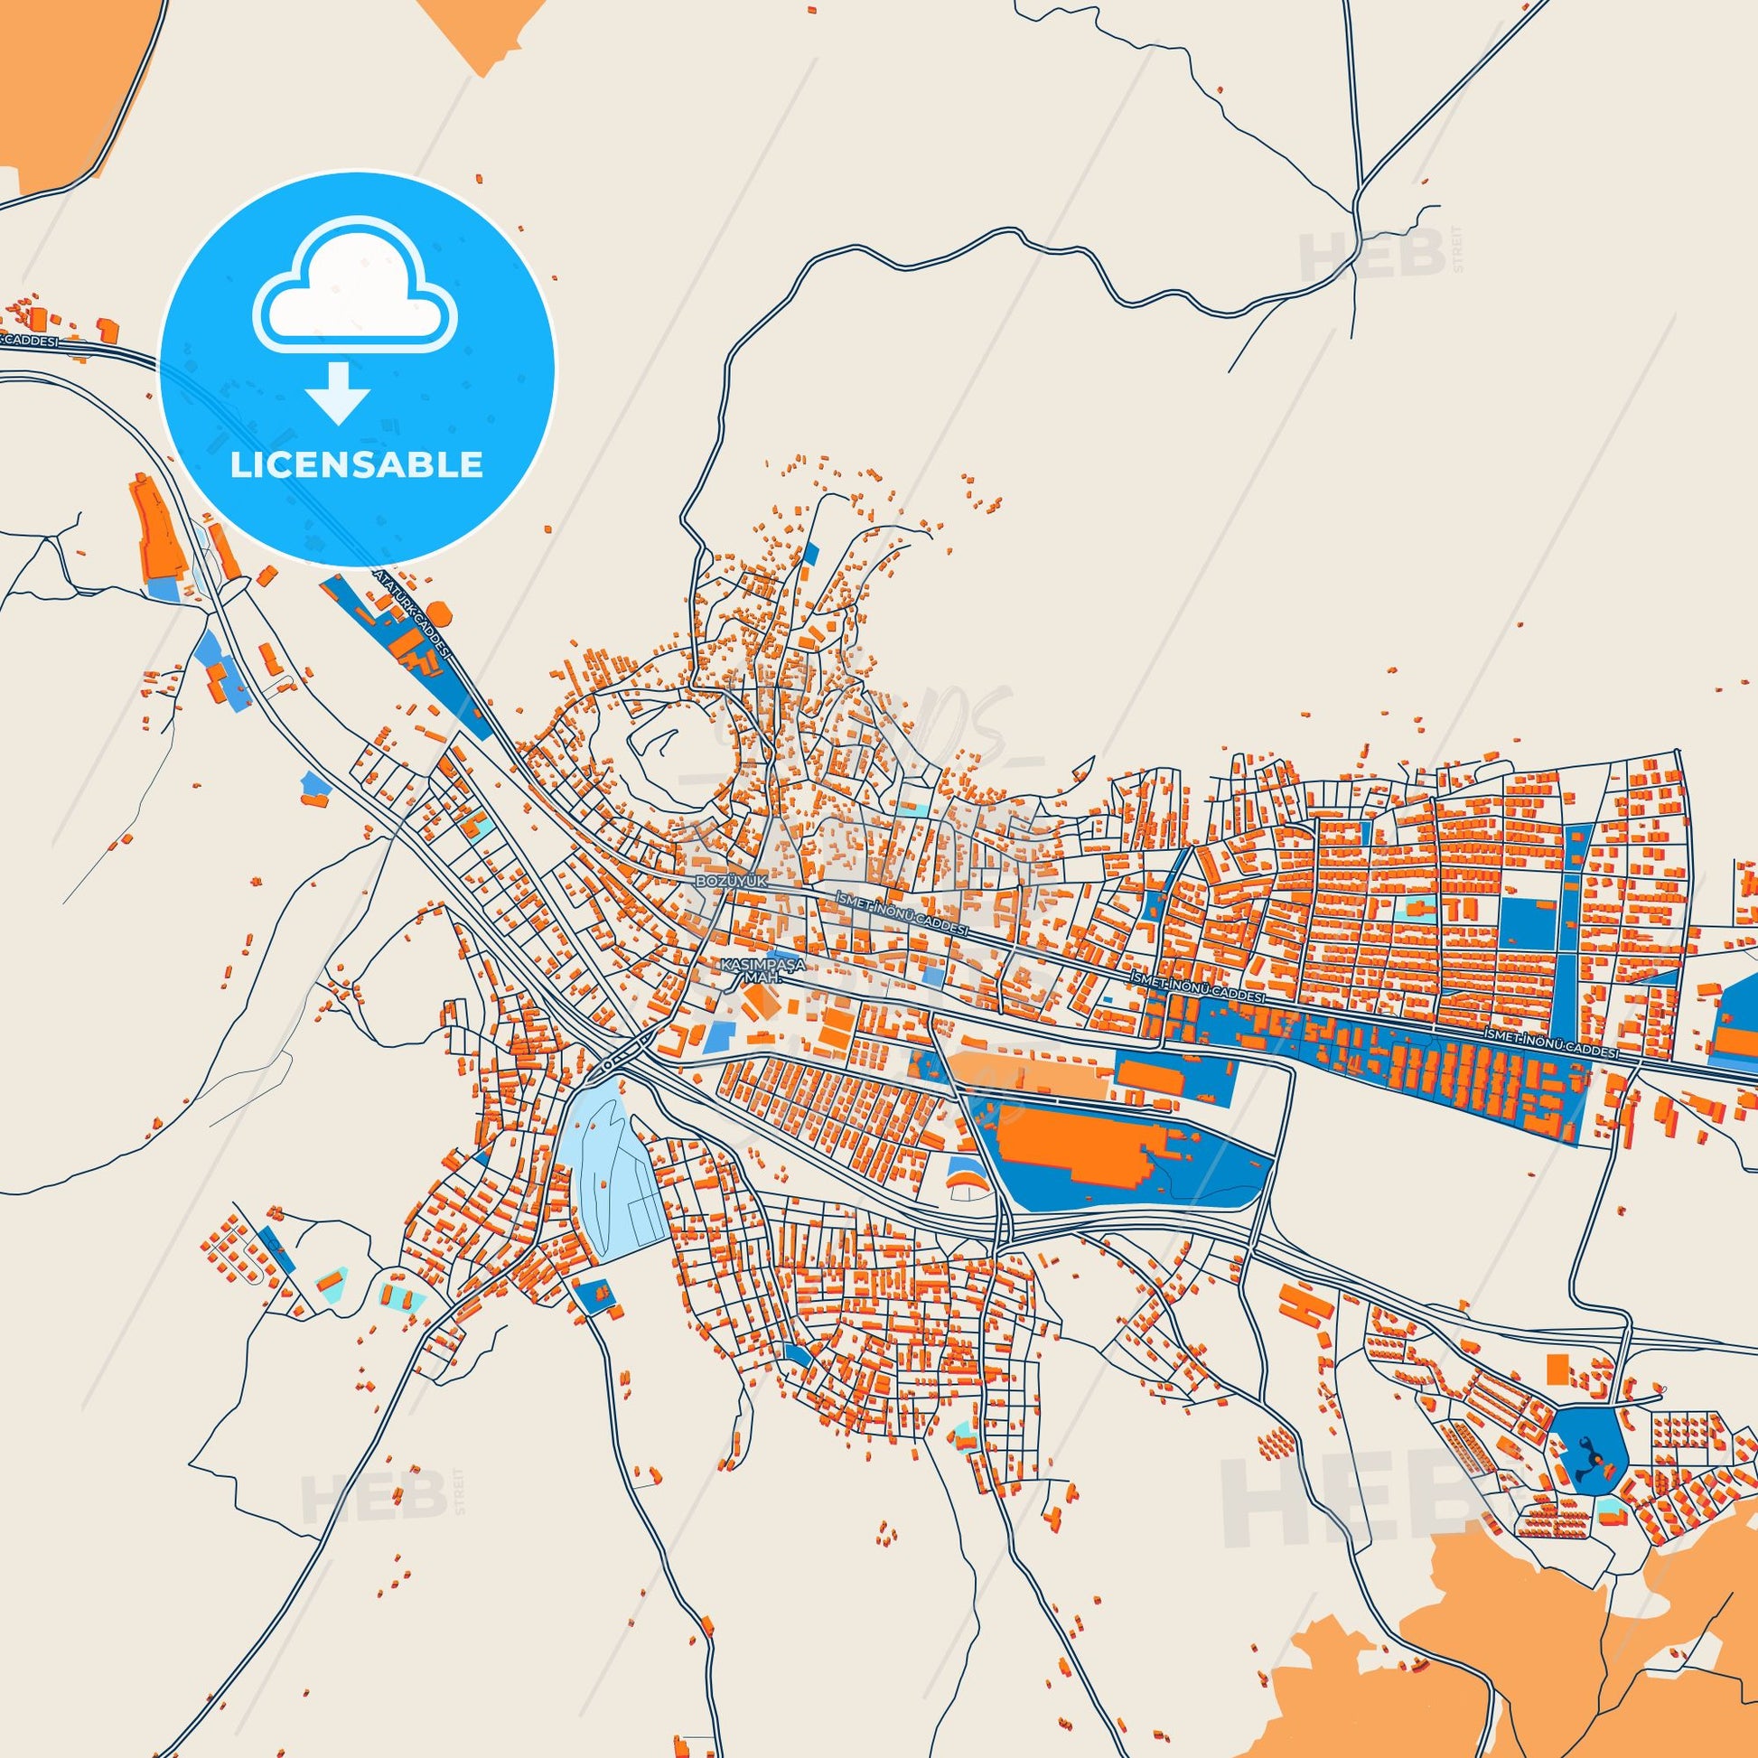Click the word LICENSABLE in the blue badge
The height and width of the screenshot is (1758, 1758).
point(356,465)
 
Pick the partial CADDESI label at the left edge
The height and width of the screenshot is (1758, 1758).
point(29,341)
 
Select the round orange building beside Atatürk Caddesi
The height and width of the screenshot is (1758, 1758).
point(437,611)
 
